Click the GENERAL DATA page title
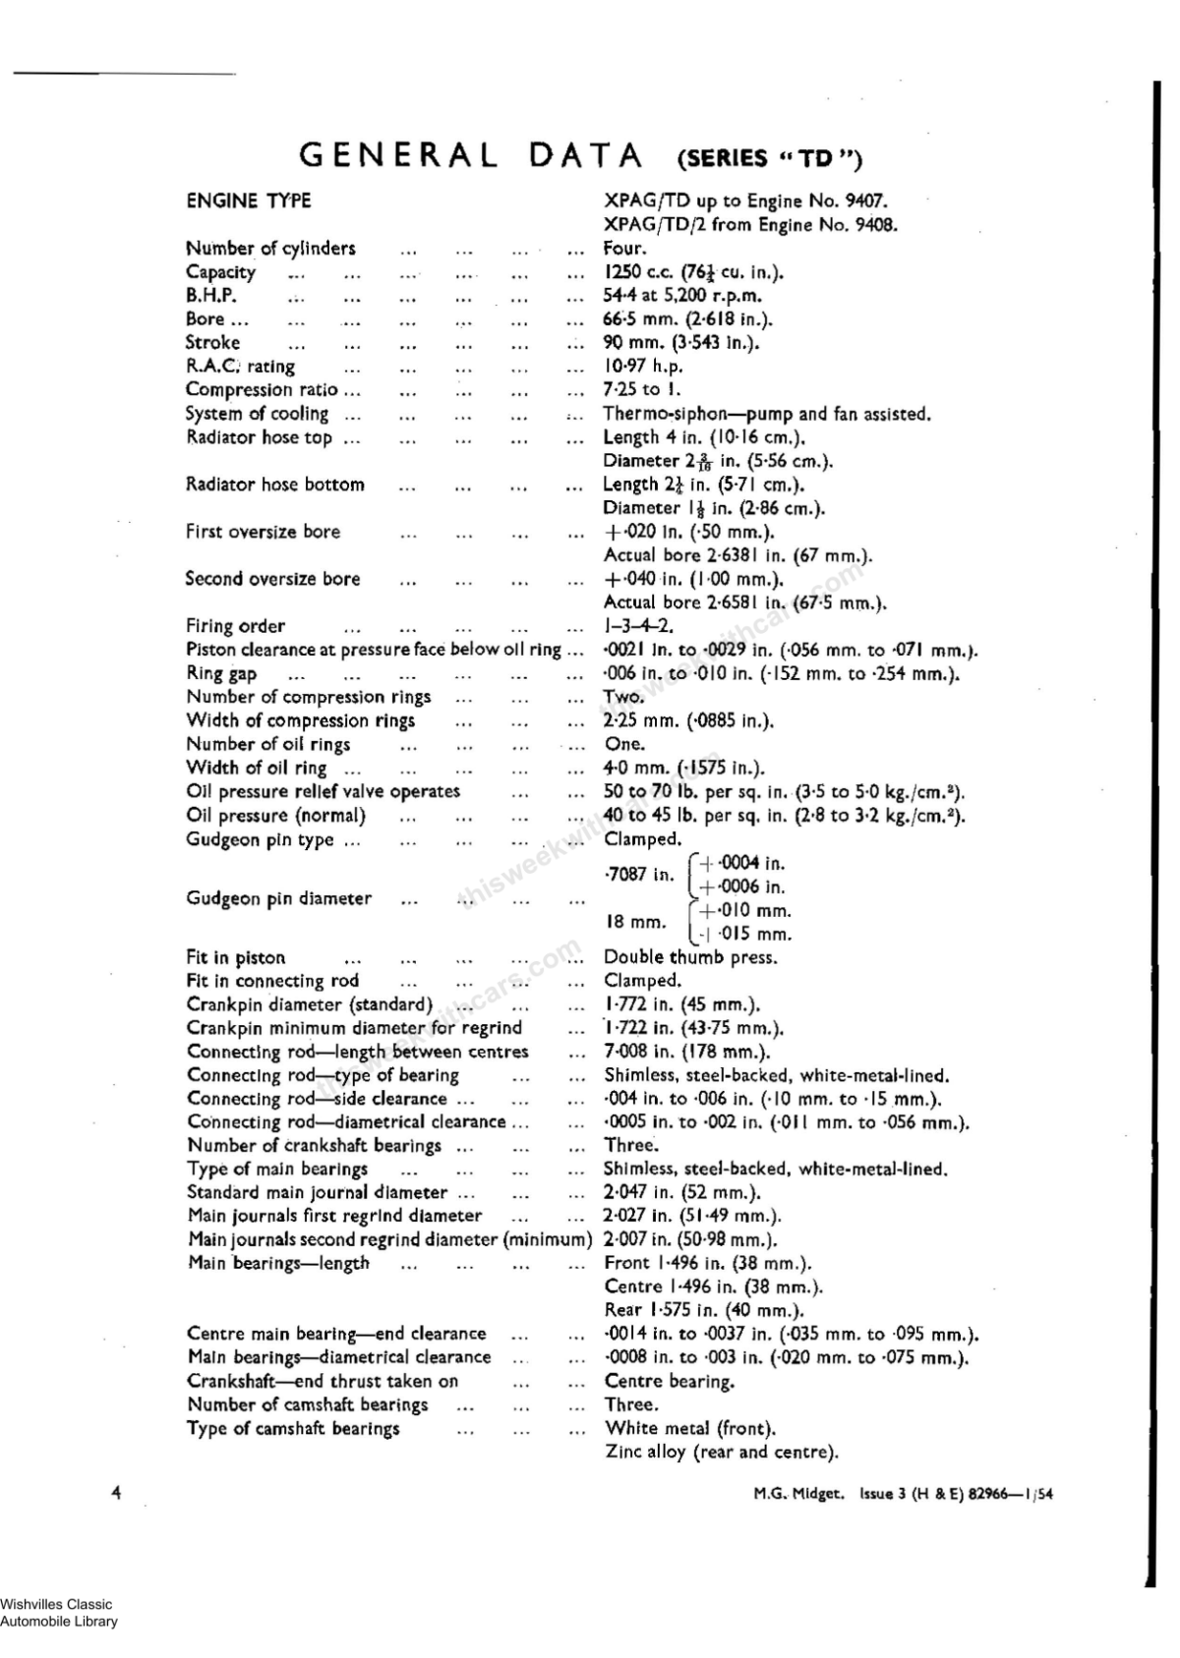coord(471,155)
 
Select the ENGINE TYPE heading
coord(248,200)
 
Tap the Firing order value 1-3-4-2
coord(638,626)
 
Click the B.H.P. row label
coord(210,295)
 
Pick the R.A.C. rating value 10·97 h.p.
coord(643,366)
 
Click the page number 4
coord(116,1493)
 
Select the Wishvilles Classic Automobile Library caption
coord(58,1613)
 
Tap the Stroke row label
coord(212,342)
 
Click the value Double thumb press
coord(690,957)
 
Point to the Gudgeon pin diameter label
coord(278,898)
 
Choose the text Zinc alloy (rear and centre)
coord(721,1452)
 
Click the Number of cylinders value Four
coord(624,248)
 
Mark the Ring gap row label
coord(221,673)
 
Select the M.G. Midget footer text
coord(798,1494)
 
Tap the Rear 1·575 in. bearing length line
coord(704,1310)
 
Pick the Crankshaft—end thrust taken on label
coord(323,1381)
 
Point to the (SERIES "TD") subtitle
coord(770,158)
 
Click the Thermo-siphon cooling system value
coord(766,414)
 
